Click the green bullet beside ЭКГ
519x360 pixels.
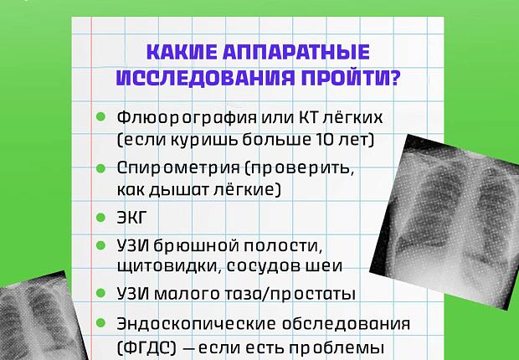pyautogui.click(x=101, y=216)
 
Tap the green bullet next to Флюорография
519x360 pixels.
pyautogui.click(x=101, y=116)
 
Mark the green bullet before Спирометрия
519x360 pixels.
pyautogui.click(x=101, y=167)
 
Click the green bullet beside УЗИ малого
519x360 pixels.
pyautogui.click(x=101, y=294)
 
